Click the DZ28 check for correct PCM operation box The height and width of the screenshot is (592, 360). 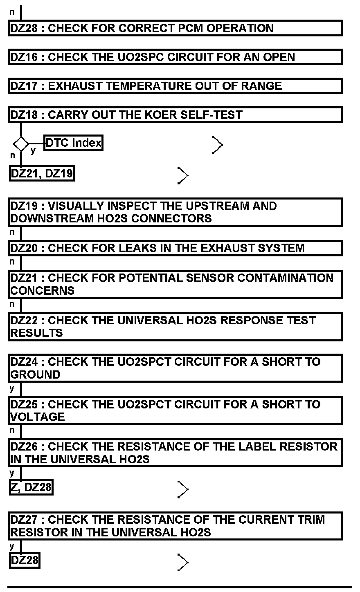(175, 28)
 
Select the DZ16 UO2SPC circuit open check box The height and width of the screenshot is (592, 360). (175, 57)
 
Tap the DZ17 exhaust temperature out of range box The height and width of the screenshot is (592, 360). (175, 86)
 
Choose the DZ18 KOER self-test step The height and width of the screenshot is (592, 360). (175, 115)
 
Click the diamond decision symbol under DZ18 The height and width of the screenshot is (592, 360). (21, 144)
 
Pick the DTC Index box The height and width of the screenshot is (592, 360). (73, 143)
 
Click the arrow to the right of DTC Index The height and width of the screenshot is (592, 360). (218, 145)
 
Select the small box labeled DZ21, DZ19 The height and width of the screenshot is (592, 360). (41, 174)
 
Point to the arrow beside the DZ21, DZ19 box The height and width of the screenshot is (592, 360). (183, 175)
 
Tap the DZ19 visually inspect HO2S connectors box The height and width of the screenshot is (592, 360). (175, 212)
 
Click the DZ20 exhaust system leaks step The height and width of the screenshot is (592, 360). (175, 248)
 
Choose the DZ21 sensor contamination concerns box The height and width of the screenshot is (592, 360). (175, 284)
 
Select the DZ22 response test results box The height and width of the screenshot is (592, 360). (175, 326)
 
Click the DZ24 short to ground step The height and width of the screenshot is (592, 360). (175, 368)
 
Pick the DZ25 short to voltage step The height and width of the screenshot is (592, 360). (175, 410)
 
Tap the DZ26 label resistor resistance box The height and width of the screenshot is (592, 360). (175, 453)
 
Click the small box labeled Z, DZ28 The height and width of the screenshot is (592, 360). (31, 487)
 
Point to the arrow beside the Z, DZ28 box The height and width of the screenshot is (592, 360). (183, 489)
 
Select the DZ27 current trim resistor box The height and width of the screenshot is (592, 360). (175, 526)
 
